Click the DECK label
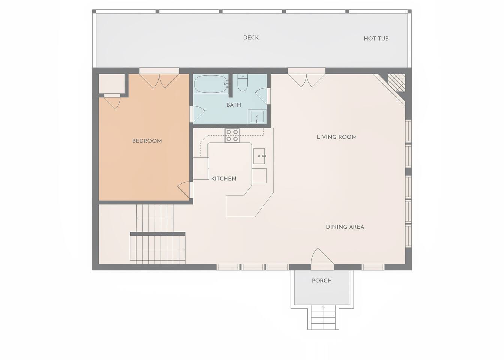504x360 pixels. (251, 37)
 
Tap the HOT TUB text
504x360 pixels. (376, 39)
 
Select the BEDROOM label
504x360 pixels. (147, 141)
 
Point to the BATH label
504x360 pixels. (233, 105)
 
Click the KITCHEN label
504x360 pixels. (224, 179)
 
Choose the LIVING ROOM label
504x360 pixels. (337, 137)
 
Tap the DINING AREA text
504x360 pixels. (345, 227)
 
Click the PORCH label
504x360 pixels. (322, 280)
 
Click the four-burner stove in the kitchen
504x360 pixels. (232, 136)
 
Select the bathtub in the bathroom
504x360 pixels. (211, 84)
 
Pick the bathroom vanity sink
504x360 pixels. (257, 117)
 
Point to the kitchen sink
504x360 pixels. (259, 156)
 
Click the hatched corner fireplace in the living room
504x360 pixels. (396, 82)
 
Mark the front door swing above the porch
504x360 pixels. (322, 256)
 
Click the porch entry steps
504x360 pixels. (323, 317)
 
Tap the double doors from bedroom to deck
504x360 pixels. (159, 81)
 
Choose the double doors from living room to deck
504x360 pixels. (307, 81)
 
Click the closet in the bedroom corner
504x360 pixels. (112, 83)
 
